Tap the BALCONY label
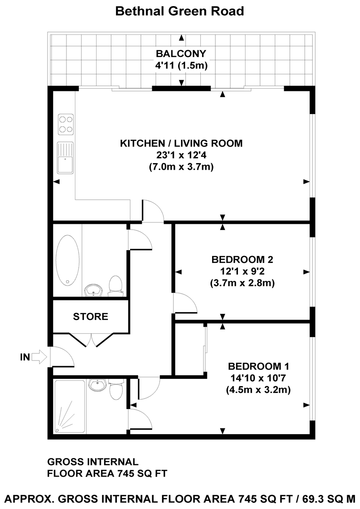click(x=181, y=53)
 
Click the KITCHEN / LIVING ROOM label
click(x=181, y=143)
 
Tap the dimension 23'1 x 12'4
click(x=181, y=155)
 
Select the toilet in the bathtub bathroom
click(x=115, y=286)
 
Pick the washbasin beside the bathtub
click(x=94, y=290)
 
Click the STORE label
click(x=90, y=317)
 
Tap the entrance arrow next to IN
click(x=41, y=357)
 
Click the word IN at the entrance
click(x=25, y=357)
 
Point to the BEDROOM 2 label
click(x=243, y=259)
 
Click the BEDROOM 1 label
click(x=259, y=366)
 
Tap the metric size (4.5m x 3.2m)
click(x=259, y=390)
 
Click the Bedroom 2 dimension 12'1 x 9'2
click(x=243, y=271)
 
